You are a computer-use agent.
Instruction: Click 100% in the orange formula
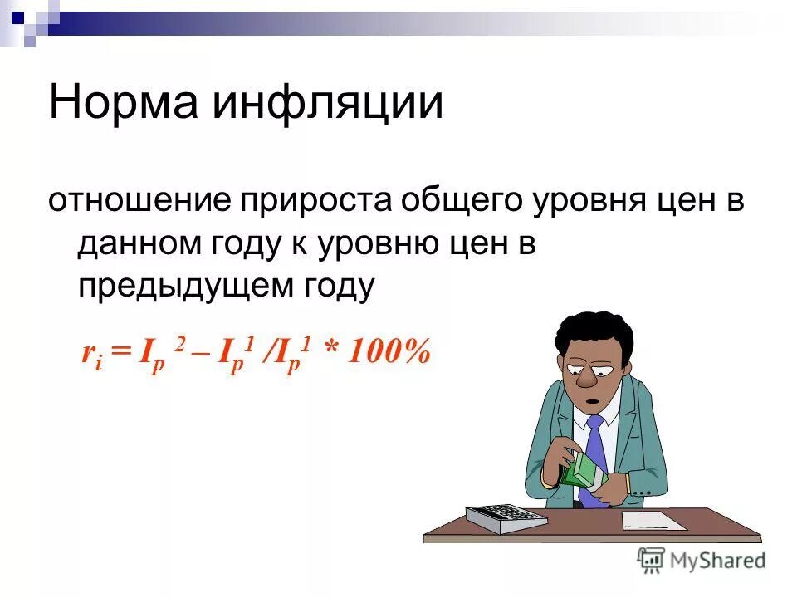pyautogui.click(x=389, y=352)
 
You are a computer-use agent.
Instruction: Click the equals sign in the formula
pyautogui.click(x=121, y=353)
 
